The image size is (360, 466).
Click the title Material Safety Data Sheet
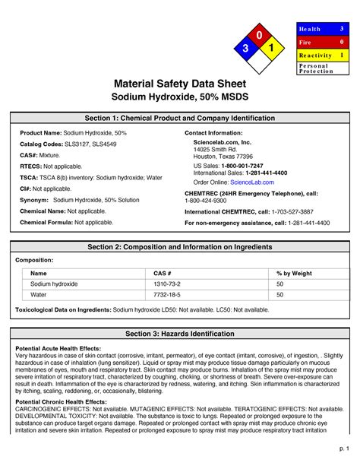point(180,83)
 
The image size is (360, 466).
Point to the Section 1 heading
point(180,118)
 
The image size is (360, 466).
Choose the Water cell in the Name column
point(39,294)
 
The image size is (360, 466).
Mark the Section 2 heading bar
point(180,247)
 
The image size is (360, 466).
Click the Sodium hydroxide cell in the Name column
point(54,284)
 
